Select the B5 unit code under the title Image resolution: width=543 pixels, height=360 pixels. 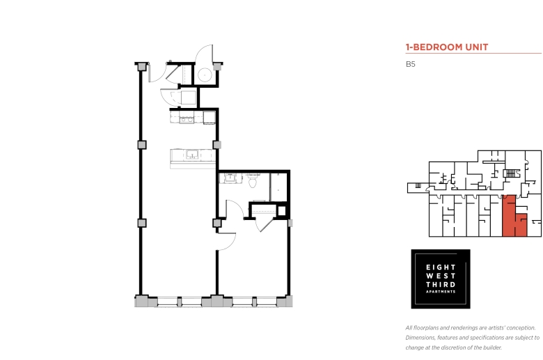pos(410,64)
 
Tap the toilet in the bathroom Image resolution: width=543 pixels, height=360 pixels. pos(253,180)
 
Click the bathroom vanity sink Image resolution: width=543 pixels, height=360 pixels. pos(230,178)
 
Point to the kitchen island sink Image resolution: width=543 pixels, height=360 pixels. pos(192,154)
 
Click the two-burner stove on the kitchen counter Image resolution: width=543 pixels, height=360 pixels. pos(187,120)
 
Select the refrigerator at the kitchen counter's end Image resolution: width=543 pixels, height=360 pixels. pos(209,118)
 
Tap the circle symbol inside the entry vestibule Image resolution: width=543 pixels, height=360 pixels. pos(205,75)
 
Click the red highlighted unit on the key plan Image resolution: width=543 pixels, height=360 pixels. pos(514,217)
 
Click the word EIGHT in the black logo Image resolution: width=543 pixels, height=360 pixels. pos(441,267)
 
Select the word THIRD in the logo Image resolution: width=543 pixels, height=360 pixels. pos(441,285)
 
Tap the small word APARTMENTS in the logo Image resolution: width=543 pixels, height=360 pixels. pos(441,292)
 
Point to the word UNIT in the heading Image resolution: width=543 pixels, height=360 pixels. pos(476,47)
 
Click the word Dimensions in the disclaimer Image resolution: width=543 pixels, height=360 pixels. pos(420,338)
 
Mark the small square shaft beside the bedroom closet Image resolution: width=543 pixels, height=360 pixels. pos(281,211)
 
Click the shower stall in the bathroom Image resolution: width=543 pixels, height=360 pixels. pos(278,187)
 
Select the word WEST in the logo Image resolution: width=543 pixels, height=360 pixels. pos(441,276)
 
